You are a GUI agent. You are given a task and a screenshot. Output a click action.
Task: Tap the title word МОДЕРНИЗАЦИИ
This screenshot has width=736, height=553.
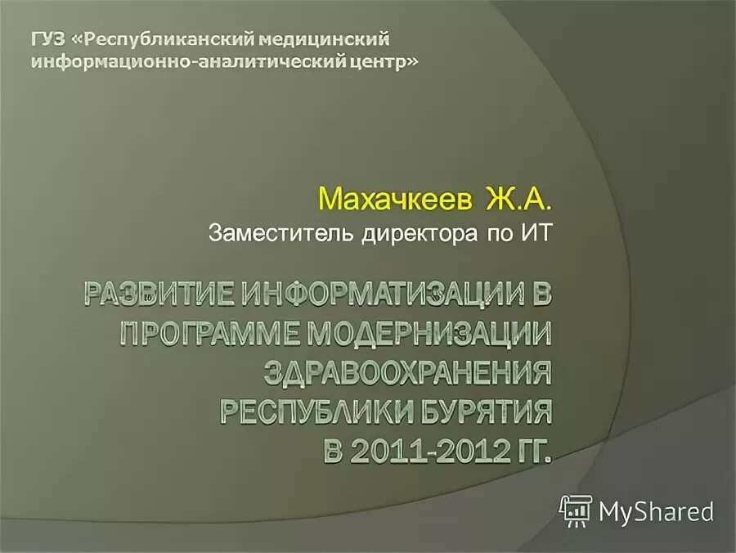434,335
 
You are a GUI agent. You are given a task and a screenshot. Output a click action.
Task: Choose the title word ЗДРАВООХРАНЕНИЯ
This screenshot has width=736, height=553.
407,374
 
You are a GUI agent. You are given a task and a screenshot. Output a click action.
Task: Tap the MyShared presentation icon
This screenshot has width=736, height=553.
576,510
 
